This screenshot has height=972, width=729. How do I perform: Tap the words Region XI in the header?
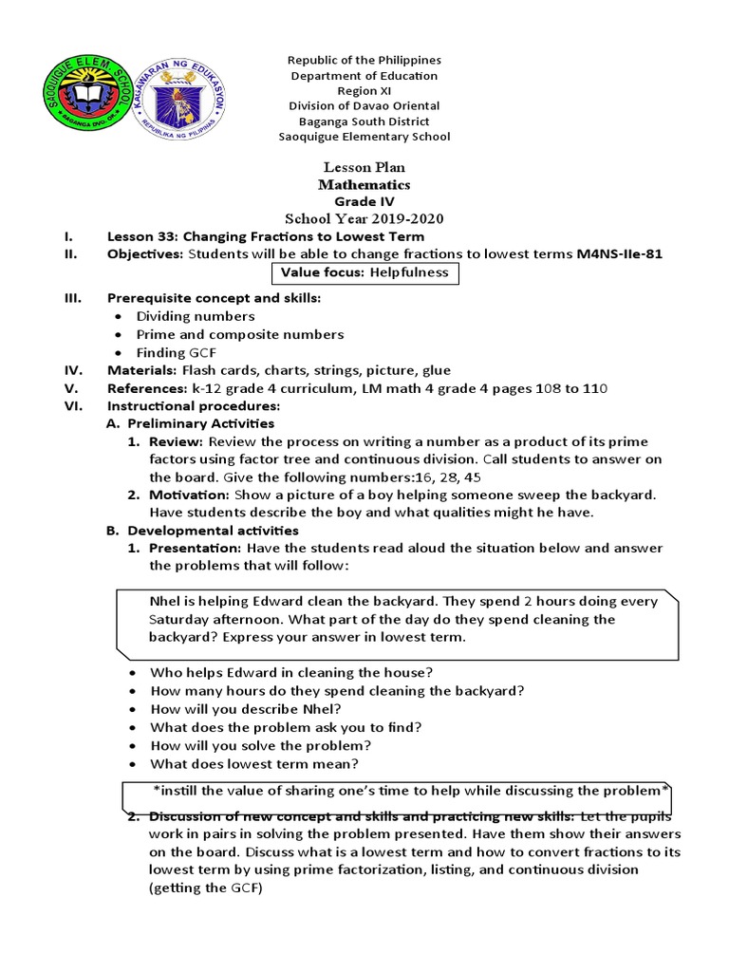(364, 91)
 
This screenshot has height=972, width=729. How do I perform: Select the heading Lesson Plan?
(364, 168)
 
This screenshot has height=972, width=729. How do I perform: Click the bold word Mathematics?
(364, 185)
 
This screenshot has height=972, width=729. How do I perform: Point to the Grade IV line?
(364, 202)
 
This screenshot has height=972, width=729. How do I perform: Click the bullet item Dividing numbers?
(196, 316)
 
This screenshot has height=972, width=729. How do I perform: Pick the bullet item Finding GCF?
(183, 352)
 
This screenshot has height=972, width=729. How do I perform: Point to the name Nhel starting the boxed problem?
(166, 602)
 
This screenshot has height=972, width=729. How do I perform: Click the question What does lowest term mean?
(253, 764)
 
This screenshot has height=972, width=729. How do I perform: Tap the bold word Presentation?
(194, 549)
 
